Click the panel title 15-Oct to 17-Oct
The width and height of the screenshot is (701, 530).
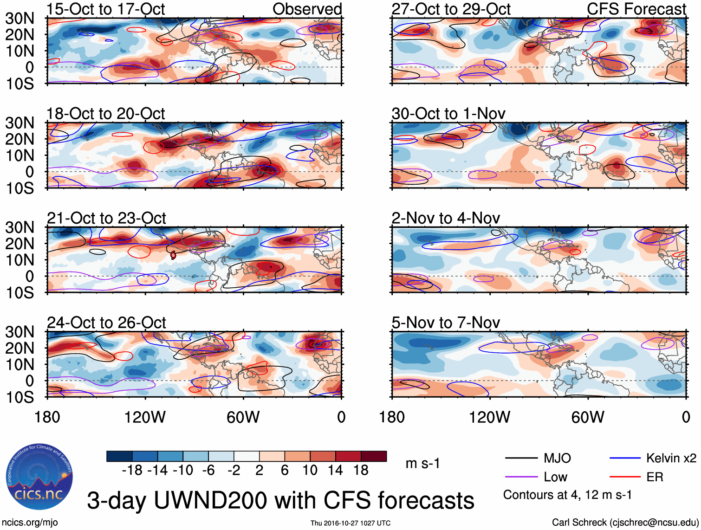pyautogui.click(x=106, y=9)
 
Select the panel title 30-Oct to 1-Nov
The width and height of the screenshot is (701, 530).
pyautogui.click(x=448, y=114)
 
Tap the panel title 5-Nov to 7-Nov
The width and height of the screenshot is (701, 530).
pyautogui.click(x=446, y=323)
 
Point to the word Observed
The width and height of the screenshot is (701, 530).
pyautogui.click(x=307, y=9)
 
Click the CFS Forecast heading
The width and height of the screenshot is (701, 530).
pyautogui.click(x=636, y=9)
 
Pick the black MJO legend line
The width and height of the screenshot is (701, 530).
pyautogui.click(x=521, y=459)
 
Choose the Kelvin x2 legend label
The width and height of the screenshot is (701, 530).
pyautogui.click(x=671, y=459)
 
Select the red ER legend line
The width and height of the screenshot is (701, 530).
pyautogui.click(x=625, y=477)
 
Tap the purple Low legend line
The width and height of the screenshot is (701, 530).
pyautogui.click(x=521, y=477)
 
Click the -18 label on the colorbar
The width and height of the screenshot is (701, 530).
pyautogui.click(x=132, y=470)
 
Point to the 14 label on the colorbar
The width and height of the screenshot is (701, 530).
pyautogui.click(x=335, y=470)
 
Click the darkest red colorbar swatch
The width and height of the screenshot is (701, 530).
pyautogui.click(x=374, y=456)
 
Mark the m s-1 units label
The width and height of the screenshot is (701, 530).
pyautogui.click(x=422, y=463)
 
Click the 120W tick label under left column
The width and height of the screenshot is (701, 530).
pyautogui.click(x=145, y=417)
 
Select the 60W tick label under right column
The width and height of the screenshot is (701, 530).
pyautogui.click(x=588, y=417)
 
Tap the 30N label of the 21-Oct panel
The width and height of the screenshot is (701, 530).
pyautogui.click(x=19, y=227)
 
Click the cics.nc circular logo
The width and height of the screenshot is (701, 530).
pyautogui.click(x=39, y=478)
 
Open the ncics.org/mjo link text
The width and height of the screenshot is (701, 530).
pyautogui.click(x=30, y=523)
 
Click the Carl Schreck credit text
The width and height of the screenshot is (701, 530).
pyautogui.click(x=625, y=523)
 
